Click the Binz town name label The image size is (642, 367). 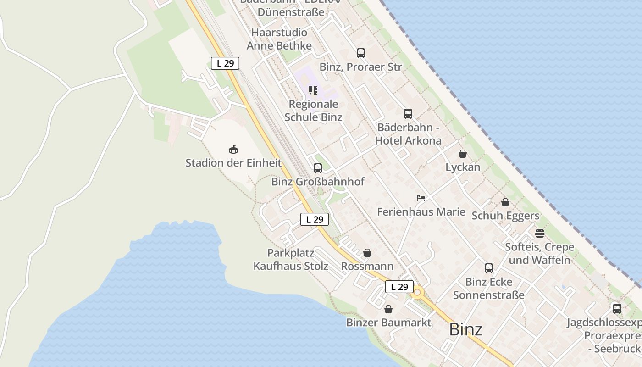click(x=465, y=329)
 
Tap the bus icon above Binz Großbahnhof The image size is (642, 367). click(x=317, y=168)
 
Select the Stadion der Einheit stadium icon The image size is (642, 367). click(x=233, y=150)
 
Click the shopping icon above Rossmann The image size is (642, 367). click(x=367, y=253)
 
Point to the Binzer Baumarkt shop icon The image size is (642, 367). click(x=388, y=309)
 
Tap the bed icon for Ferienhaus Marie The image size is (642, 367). click(x=421, y=198)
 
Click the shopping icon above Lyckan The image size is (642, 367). click(x=463, y=154)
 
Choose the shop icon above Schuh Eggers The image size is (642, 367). click(x=505, y=202)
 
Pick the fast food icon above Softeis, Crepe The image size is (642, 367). click(x=539, y=234)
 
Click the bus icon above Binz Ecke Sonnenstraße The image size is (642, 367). click(x=489, y=268)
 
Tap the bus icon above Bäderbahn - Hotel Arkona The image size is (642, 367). click(x=408, y=114)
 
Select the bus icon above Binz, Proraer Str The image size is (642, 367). click(x=361, y=53)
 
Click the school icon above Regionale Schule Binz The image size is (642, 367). click(x=313, y=90)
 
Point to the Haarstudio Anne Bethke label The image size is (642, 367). click(x=279, y=39)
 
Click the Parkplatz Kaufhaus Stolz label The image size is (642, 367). click(x=291, y=259)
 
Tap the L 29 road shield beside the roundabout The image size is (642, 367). click(x=399, y=287)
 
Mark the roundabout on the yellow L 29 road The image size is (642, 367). click(x=417, y=292)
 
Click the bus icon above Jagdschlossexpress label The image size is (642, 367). click(x=617, y=309)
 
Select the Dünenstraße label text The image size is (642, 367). click(x=291, y=12)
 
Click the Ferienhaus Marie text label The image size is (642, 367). click(x=421, y=212)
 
